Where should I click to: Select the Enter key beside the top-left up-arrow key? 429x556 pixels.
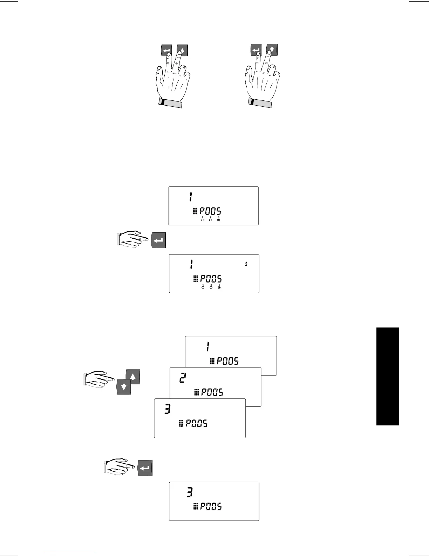pos(166,51)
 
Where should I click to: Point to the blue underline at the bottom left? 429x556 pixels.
pos(70,553)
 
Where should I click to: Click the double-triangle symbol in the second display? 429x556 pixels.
pos(246,264)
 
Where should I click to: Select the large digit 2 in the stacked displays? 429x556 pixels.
pos(182,378)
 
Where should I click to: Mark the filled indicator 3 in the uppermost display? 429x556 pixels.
pos(218,219)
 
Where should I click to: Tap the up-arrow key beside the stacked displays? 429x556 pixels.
pos(133,377)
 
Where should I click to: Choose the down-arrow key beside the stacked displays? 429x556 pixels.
pos(124,387)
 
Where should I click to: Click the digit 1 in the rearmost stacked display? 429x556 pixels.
pos(208,347)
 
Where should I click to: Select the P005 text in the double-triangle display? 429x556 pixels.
pos(211,279)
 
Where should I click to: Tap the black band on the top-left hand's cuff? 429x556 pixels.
pos(162,102)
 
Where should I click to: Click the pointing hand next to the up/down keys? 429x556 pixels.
pos(99,379)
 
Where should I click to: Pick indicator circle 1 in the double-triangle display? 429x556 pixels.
pos(203,287)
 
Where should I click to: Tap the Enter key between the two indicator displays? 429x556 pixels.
pos(158,240)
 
